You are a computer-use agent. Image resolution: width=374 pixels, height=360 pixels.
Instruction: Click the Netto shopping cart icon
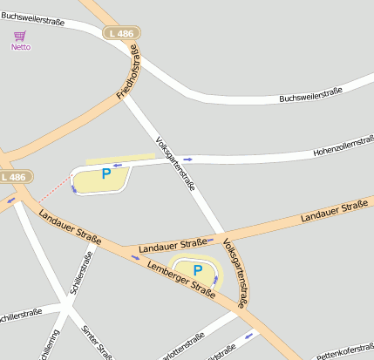coord(20,36)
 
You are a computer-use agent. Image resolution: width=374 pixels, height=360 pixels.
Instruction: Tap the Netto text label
coord(20,47)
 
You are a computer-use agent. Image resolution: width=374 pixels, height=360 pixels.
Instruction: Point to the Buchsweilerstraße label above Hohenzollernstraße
coord(309,95)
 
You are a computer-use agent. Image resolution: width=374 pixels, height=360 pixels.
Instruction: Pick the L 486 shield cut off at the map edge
coord(15,177)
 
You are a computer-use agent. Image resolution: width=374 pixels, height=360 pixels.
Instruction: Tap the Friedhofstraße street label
coord(132,74)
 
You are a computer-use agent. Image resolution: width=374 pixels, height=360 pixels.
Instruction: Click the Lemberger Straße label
coord(181,279)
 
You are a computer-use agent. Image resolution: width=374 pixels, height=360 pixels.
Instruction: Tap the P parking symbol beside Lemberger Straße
coord(197,270)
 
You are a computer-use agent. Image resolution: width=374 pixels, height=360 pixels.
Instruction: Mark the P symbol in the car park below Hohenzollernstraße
coord(106,174)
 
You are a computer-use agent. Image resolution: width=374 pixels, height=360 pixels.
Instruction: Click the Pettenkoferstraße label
coord(344,351)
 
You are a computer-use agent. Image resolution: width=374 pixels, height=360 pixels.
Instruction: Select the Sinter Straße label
coord(97,342)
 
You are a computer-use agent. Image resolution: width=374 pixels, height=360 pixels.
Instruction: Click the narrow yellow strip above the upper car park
coord(119,159)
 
